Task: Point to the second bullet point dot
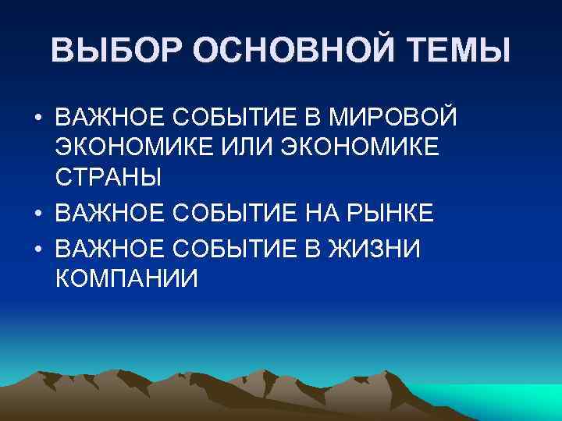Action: point(37,213)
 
